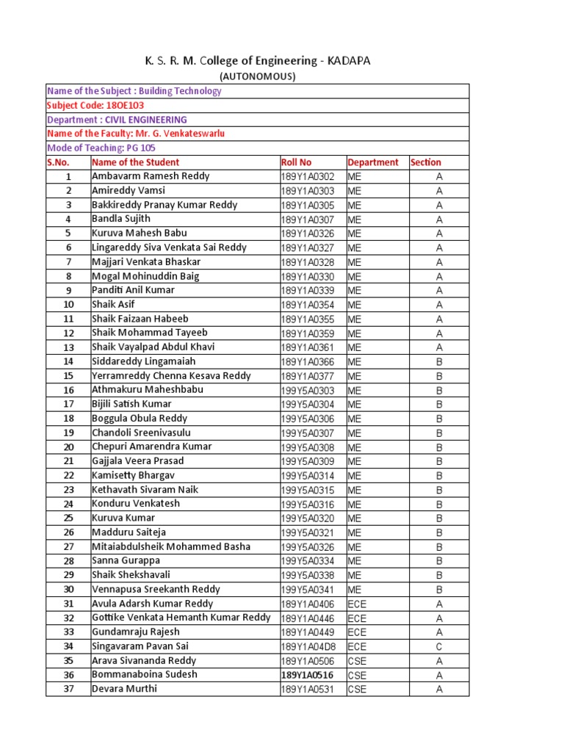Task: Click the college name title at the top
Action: click(x=258, y=61)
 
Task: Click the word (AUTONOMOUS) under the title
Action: click(x=258, y=76)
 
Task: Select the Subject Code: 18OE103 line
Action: click(x=95, y=105)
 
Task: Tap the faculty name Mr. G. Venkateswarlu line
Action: click(x=136, y=134)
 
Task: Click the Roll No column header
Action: click(x=296, y=162)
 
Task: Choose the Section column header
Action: click(x=426, y=162)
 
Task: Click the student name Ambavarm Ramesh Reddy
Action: click(x=151, y=176)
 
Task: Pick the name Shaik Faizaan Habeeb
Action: click(x=140, y=319)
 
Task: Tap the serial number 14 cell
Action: click(x=68, y=361)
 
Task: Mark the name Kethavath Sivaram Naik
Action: click(x=145, y=490)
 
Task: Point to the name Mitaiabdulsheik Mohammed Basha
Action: click(x=171, y=546)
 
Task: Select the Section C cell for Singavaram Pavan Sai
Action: click(x=439, y=646)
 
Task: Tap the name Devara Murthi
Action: click(x=124, y=689)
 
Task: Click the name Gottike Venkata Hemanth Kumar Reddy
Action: click(x=181, y=618)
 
